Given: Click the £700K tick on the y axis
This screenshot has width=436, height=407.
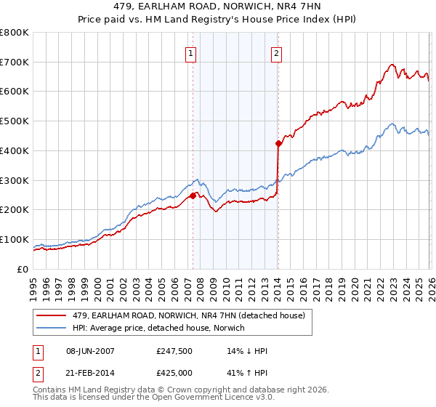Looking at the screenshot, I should (x=15, y=63).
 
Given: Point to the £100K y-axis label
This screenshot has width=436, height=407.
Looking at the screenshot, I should (x=15, y=240).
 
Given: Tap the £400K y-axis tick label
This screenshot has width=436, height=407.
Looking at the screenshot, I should (x=15, y=151).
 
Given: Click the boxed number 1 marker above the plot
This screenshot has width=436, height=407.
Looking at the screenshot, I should (x=190, y=52).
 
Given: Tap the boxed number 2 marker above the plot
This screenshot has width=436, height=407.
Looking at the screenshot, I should (x=277, y=52).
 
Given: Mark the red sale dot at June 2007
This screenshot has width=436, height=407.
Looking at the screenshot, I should (x=193, y=196).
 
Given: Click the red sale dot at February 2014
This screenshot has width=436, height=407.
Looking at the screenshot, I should (x=278, y=143).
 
